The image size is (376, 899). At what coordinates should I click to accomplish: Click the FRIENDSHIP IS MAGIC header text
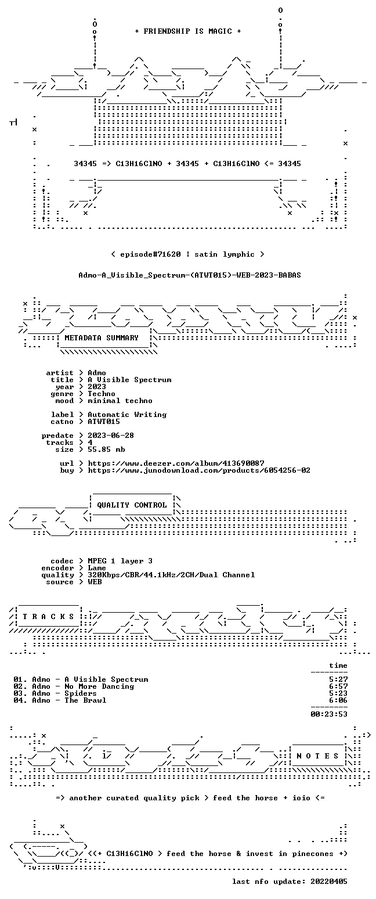[188, 31]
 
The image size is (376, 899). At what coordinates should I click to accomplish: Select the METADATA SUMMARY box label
[102, 338]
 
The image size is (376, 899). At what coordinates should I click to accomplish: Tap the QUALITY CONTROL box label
[132, 505]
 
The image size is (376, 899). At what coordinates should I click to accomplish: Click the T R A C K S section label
[49, 616]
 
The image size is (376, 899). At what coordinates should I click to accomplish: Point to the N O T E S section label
[317, 756]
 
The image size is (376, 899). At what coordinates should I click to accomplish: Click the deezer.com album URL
[176, 463]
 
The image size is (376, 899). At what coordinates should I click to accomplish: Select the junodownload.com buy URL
[199, 470]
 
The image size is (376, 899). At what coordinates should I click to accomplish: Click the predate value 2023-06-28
[111, 436]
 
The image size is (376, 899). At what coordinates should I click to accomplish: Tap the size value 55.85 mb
[106, 449]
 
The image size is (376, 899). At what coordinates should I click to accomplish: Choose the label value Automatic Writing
[127, 415]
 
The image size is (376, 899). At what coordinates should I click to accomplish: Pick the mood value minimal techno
[120, 401]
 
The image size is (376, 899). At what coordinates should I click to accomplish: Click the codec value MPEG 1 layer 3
[120, 561]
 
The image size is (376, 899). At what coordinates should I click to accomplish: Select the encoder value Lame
[96, 568]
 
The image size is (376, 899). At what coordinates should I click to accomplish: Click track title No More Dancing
[99, 686]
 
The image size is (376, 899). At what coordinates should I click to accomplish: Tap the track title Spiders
[81, 693]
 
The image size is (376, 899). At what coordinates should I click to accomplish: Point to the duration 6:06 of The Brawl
[338, 700]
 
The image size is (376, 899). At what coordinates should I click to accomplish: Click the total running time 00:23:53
[328, 714]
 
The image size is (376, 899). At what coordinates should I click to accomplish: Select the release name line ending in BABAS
[190, 275]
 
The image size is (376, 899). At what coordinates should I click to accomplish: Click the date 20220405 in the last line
[328, 882]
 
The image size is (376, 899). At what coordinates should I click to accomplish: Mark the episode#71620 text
[150, 254]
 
